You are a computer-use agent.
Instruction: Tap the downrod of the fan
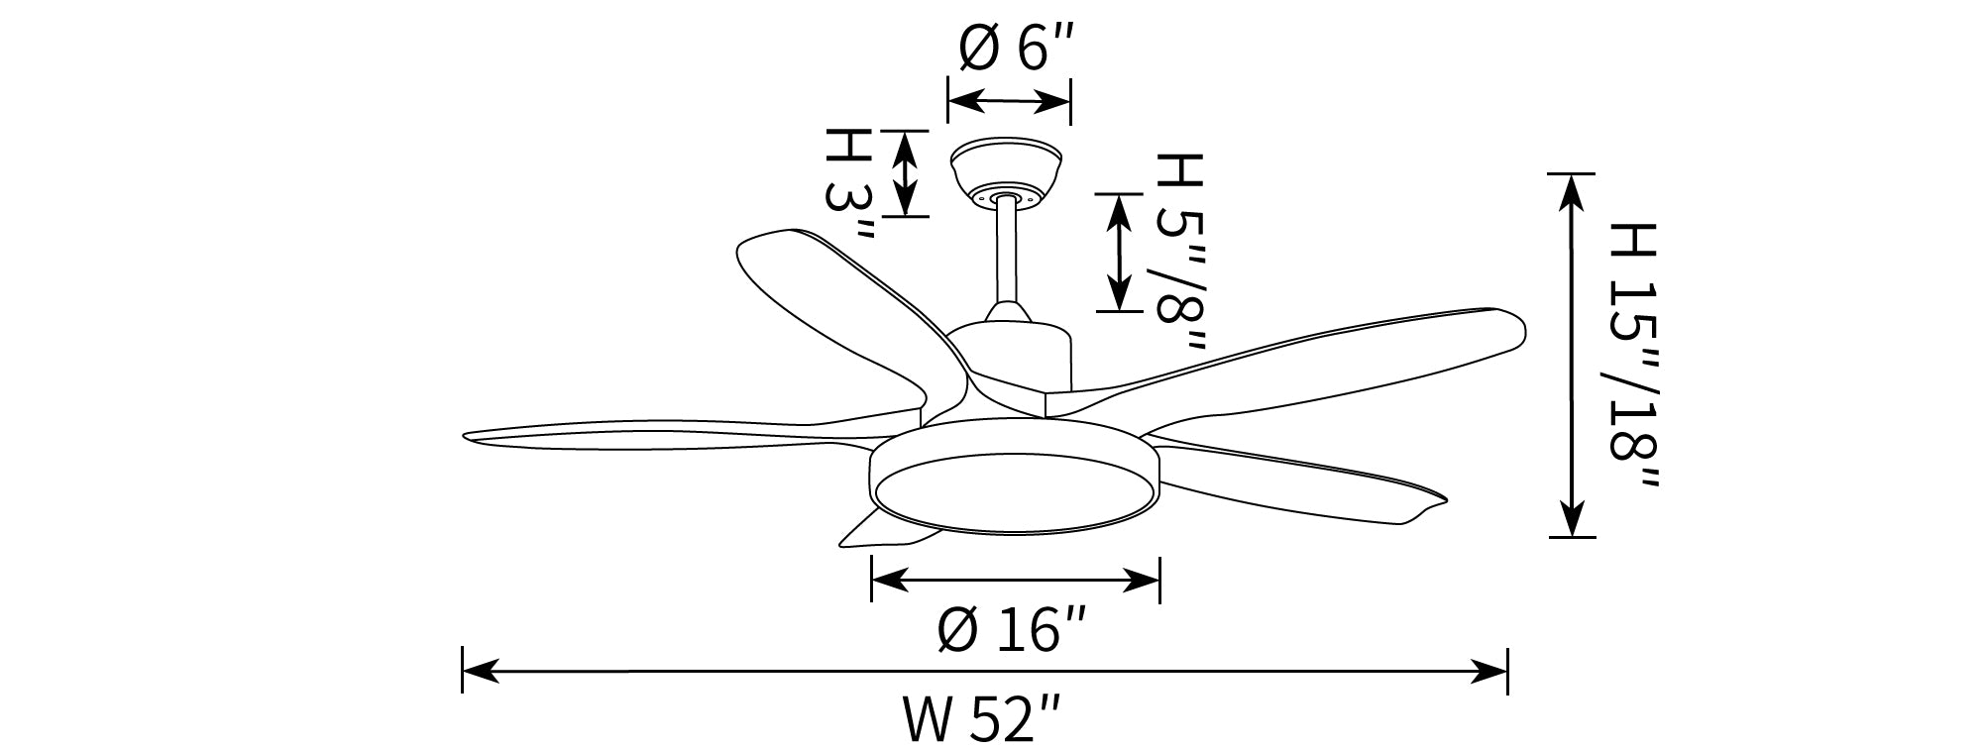tap(1007, 253)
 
